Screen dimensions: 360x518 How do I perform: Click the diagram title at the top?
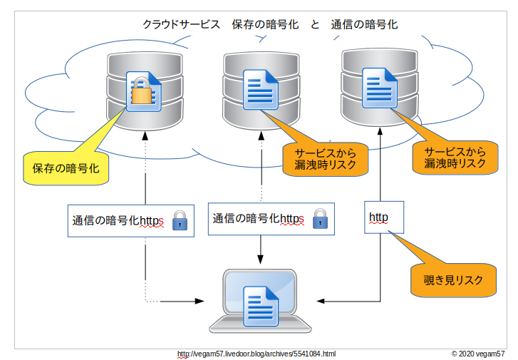269,24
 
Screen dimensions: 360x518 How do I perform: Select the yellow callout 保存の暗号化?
66,168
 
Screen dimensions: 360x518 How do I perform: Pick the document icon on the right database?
378,86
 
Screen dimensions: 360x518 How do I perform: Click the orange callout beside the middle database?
325,159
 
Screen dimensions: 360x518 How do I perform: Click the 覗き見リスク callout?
453,280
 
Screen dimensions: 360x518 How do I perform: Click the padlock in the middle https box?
321,218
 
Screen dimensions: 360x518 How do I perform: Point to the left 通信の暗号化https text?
118,222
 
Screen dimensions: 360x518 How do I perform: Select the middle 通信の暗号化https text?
258,219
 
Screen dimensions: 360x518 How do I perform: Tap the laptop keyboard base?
260,325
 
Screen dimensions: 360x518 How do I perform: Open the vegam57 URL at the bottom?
256,354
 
